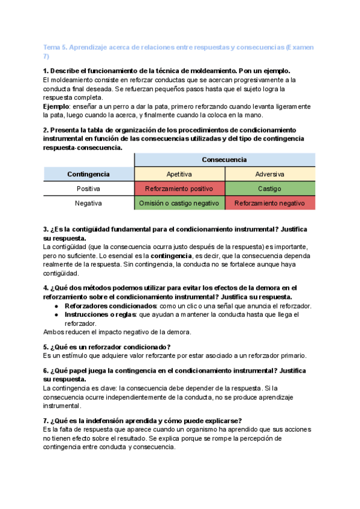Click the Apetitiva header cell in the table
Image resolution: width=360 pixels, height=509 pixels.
coord(179,174)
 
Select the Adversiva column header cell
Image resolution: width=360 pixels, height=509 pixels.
coord(270,174)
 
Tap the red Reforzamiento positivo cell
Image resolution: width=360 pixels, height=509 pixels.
coord(179,188)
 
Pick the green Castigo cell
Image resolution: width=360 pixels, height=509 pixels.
coord(270,188)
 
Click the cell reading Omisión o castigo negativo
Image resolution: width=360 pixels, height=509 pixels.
coord(179,203)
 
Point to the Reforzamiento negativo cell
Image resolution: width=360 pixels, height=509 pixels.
coord(270,203)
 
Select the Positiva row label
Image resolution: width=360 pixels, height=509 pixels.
coord(88,188)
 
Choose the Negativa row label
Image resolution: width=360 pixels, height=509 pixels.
coord(88,203)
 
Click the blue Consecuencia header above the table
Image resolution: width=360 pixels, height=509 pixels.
coord(224,160)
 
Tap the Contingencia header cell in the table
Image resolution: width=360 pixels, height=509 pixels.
coord(88,174)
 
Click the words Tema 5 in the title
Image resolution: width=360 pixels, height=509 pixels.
coord(55,47)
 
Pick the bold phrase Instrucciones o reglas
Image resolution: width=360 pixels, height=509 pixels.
coord(100,315)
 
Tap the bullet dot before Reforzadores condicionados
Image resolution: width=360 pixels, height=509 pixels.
coord(56,306)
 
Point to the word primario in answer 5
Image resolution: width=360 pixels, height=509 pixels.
coord(292,355)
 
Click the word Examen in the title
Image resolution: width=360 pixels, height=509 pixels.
coord(301,47)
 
